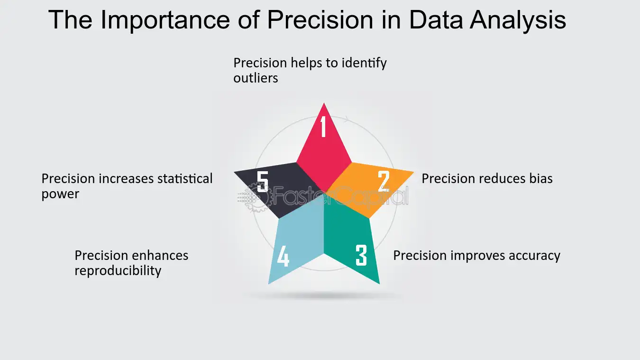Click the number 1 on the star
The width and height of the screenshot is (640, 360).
click(x=323, y=126)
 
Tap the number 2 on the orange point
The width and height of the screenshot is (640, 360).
click(x=384, y=181)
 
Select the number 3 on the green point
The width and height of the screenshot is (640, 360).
click(x=361, y=255)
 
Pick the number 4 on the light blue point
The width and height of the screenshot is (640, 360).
click(x=283, y=256)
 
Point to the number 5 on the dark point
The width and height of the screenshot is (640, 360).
click(x=262, y=181)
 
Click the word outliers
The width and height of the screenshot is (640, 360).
click(x=256, y=78)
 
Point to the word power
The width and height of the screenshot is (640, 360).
click(x=60, y=194)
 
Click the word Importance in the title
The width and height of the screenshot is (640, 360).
click(x=165, y=20)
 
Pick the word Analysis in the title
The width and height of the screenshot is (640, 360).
click(x=518, y=20)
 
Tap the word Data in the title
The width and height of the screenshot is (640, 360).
click(x=436, y=20)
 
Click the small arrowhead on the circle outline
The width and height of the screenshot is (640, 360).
click(x=346, y=119)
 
